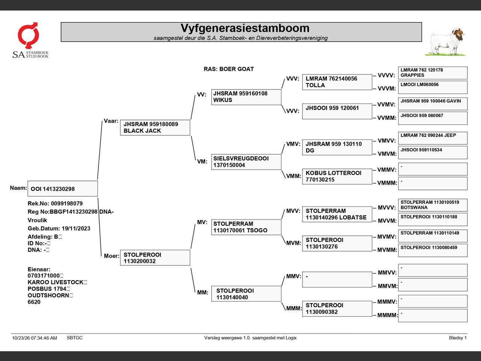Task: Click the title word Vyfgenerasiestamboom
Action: [x=245, y=28]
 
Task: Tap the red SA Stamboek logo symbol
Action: [x=29, y=35]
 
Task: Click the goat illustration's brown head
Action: [x=459, y=35]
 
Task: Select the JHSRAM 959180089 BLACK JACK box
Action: [x=155, y=127]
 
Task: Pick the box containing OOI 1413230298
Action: [x=63, y=188]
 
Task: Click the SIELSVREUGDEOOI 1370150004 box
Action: [x=246, y=162]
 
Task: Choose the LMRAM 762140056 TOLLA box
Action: [x=337, y=82]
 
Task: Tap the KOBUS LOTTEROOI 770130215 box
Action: [x=337, y=176]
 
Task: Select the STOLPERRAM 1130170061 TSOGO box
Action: [x=246, y=227]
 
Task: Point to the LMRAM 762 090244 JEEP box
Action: [x=433, y=138]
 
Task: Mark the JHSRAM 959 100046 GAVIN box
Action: [x=433, y=104]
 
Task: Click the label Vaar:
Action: [x=111, y=121]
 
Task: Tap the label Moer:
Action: [x=112, y=256]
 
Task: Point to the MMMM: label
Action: [x=387, y=315]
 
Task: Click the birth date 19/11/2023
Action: [x=76, y=228]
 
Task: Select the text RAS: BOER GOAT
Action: [x=229, y=69]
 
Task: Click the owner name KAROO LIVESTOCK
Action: [x=56, y=282]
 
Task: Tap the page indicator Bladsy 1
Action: [x=458, y=338]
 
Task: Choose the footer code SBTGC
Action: [x=75, y=338]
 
